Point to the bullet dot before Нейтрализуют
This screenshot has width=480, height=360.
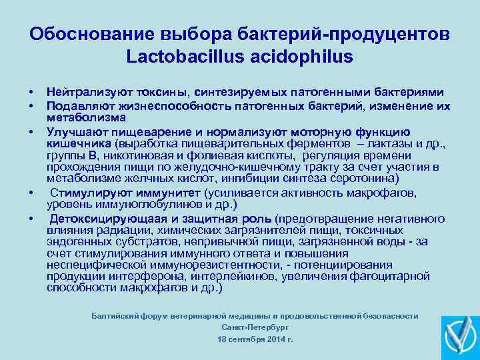coord(31,93)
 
